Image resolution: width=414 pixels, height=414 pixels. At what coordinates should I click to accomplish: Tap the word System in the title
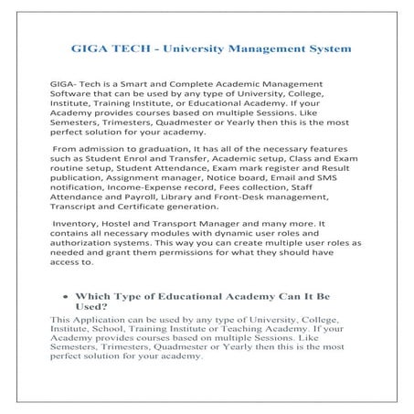(320, 46)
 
